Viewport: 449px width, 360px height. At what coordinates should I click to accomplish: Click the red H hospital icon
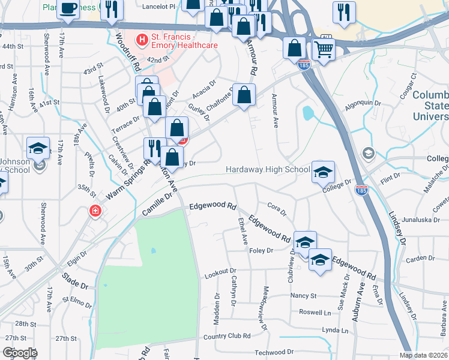tap(142, 40)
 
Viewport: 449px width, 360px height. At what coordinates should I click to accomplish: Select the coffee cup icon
tap(68, 9)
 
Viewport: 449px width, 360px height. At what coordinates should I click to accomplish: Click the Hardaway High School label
tap(268, 170)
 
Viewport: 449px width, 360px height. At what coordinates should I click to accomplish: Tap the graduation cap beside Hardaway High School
tap(323, 172)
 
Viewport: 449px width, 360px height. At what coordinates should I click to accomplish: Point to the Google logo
tap(20, 353)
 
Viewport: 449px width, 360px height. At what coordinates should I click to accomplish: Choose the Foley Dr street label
tap(261, 251)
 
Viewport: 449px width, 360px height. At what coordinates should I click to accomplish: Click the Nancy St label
tap(303, 296)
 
